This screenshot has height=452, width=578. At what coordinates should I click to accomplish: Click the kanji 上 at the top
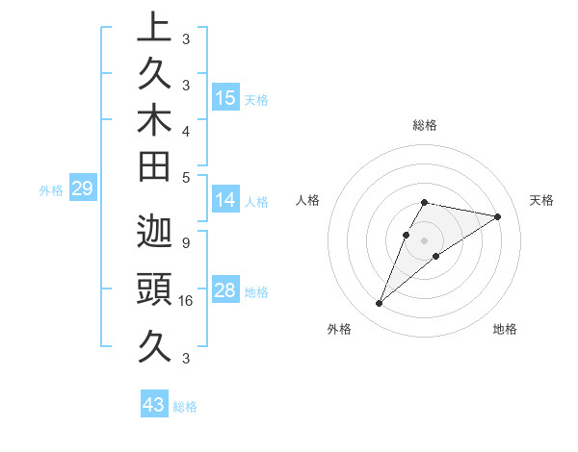pos(153,27)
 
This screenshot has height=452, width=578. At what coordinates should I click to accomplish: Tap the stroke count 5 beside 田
pos(185,177)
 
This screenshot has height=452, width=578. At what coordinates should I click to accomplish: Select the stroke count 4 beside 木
pos(185,130)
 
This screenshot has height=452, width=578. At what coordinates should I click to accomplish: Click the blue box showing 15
pos(225,97)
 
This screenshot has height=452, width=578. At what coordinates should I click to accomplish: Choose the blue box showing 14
pos(225,200)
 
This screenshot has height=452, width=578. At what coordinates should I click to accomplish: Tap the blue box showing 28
pos(225,290)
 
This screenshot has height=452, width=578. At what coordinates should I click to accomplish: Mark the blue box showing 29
pos(82,188)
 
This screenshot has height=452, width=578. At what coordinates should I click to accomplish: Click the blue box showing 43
pos(154,405)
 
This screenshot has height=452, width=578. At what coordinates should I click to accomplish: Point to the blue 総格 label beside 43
pos(185,407)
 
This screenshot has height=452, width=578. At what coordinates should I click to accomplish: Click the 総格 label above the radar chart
pos(425,125)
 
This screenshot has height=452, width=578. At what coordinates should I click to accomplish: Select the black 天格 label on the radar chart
pos(542,200)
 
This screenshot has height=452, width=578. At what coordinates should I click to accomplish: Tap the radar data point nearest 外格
pos(379,304)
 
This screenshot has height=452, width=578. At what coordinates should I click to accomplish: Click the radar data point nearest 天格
pos(497,216)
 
